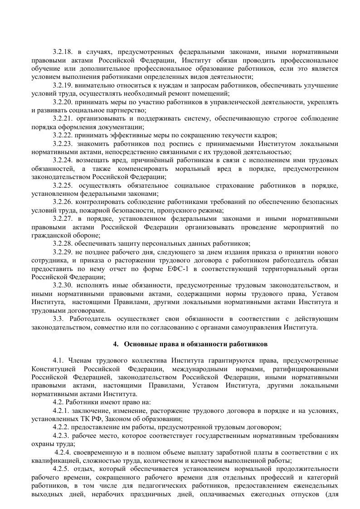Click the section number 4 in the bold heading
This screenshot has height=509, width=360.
[x=115, y=344]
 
